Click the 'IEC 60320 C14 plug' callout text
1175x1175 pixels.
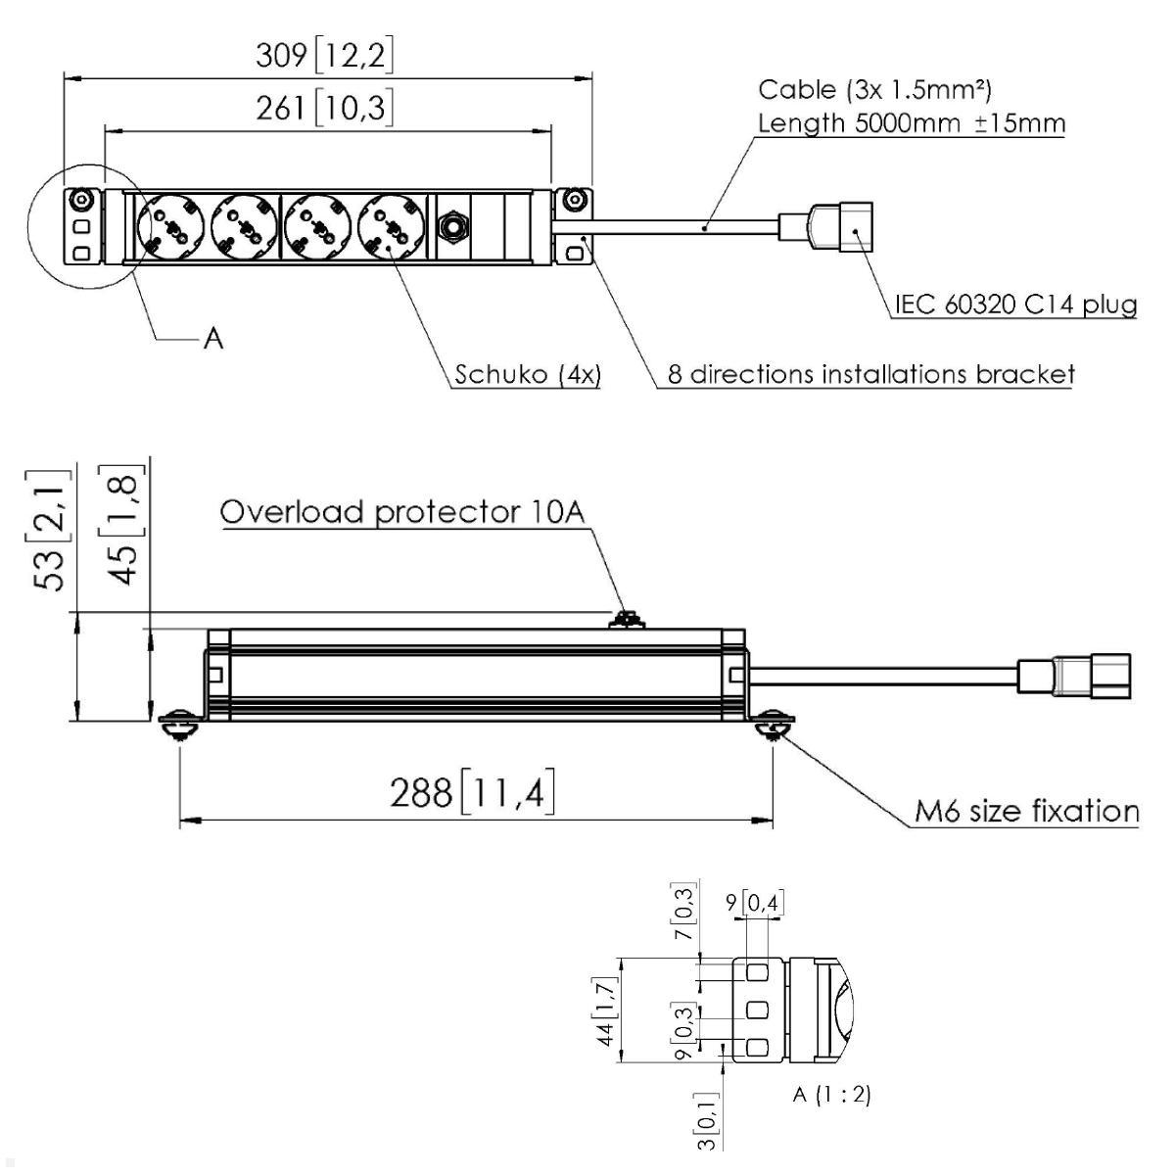(x=1015, y=304)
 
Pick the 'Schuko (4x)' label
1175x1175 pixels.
(x=528, y=374)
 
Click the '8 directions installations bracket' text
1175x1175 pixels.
(x=871, y=374)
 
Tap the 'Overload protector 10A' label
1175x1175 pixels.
(x=402, y=512)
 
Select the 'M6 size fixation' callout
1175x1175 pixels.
(x=1027, y=812)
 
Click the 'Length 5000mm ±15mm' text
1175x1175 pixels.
(x=912, y=123)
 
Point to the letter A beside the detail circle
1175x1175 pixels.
(x=213, y=338)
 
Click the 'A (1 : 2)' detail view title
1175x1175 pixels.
(x=831, y=1095)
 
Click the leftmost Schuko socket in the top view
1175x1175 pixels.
(x=170, y=227)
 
